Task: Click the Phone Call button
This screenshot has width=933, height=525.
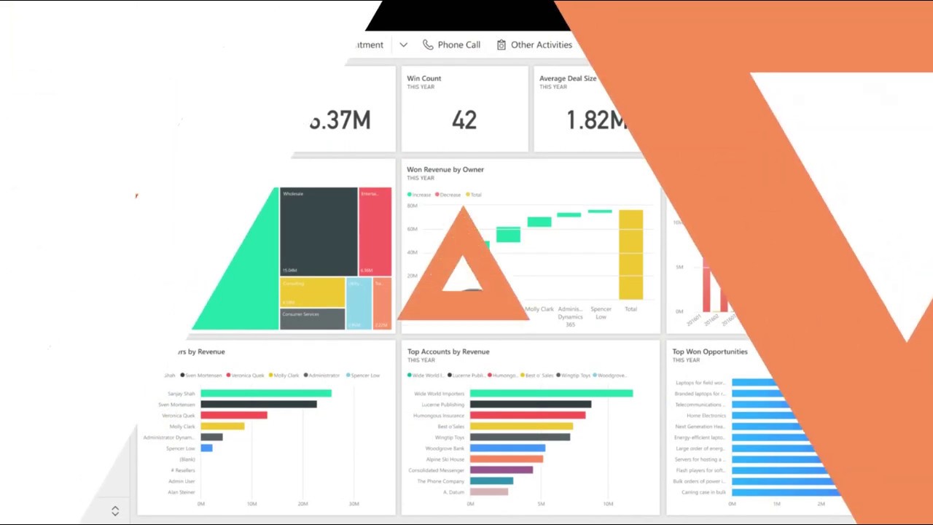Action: (x=452, y=44)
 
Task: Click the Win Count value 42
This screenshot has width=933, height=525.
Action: (x=464, y=120)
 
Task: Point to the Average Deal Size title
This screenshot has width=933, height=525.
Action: (x=568, y=78)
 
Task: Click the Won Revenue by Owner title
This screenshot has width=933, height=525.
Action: (x=445, y=169)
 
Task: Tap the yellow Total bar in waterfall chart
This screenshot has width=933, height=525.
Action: (x=631, y=254)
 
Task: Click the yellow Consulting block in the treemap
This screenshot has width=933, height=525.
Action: (x=313, y=292)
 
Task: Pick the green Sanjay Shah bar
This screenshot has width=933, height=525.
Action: (x=266, y=394)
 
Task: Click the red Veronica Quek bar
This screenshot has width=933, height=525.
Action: (x=234, y=416)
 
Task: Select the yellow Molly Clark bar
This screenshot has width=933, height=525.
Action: (x=222, y=427)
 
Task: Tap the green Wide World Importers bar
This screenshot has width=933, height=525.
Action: (x=551, y=394)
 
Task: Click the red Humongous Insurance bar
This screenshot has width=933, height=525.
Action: (x=528, y=416)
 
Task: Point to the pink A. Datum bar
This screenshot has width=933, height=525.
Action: (x=489, y=492)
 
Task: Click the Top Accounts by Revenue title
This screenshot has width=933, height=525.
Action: (x=448, y=351)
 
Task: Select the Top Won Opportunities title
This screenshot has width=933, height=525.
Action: (x=710, y=351)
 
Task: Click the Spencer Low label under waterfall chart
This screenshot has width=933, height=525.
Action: (x=601, y=313)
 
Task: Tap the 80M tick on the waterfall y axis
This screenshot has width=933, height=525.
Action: (x=412, y=206)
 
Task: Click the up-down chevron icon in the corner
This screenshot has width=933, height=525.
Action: (x=115, y=511)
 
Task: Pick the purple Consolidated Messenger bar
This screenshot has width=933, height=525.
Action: (x=501, y=470)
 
